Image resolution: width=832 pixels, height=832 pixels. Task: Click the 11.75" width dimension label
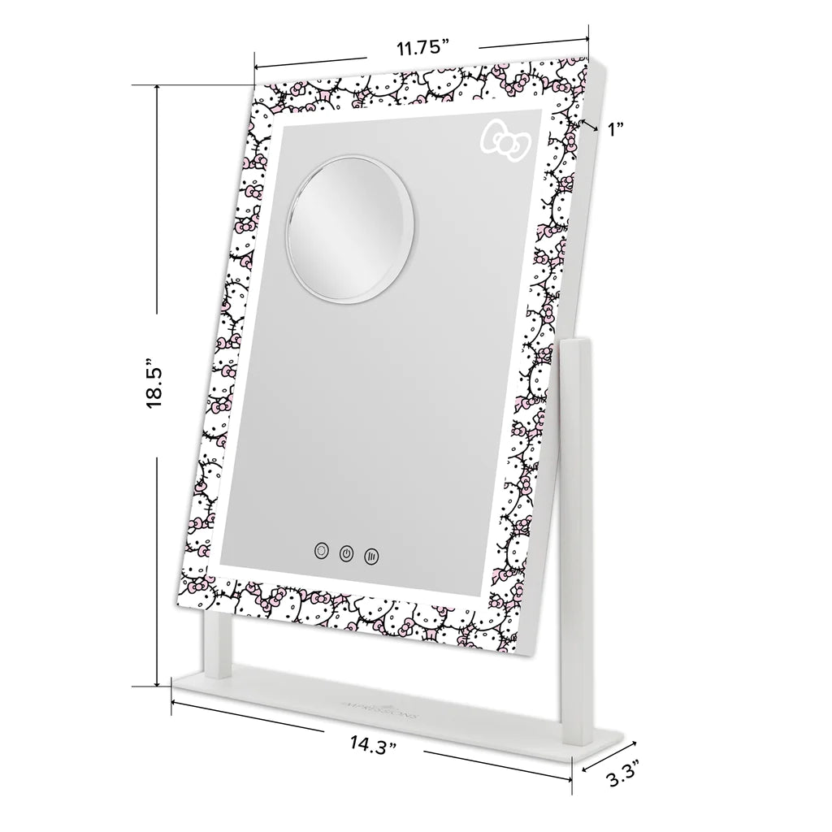point(422,48)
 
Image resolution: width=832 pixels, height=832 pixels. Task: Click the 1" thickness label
point(614,128)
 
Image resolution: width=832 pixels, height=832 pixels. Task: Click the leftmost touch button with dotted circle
point(322,550)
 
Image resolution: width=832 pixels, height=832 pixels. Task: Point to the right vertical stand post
point(573,520)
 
